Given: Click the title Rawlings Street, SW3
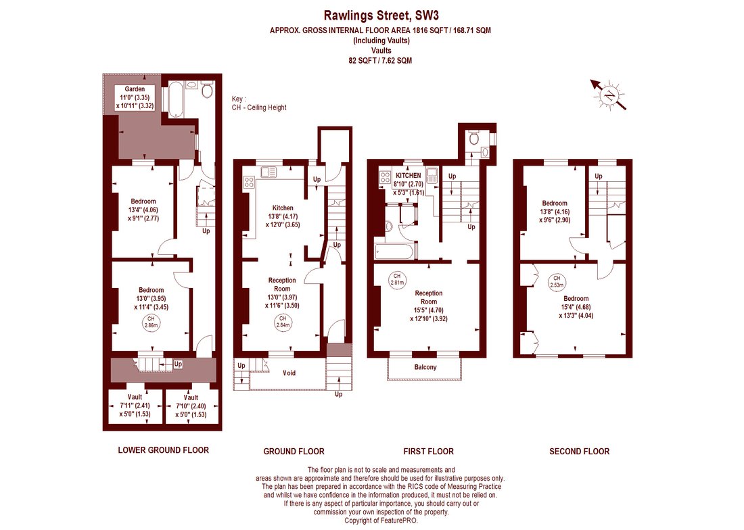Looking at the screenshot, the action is coord(381,16).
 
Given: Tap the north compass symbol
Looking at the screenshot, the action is coord(609,95).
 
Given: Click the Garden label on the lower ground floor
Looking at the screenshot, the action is coord(135,89).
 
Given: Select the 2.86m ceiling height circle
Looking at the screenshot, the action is coord(151,322).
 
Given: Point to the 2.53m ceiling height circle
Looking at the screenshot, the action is coord(557,282).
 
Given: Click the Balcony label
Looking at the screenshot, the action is coord(425,367).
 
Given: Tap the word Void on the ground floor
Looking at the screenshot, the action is coord(289,373).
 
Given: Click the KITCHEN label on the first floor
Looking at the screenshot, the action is coord(408,175).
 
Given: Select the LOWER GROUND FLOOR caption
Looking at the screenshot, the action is coord(163,450).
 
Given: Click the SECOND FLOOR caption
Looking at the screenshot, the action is coord(580,452).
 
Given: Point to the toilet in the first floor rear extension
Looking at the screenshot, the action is coord(473,138).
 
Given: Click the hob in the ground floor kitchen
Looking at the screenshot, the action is coord(249,182).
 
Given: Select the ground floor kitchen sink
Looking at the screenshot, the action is coord(268,171).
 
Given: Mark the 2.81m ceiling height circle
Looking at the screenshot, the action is coord(397,279).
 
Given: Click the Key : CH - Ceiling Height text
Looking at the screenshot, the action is coord(259,103).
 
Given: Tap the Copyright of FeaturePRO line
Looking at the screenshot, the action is coord(381,521).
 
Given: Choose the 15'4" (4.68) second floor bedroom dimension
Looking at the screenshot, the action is coord(576,307).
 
